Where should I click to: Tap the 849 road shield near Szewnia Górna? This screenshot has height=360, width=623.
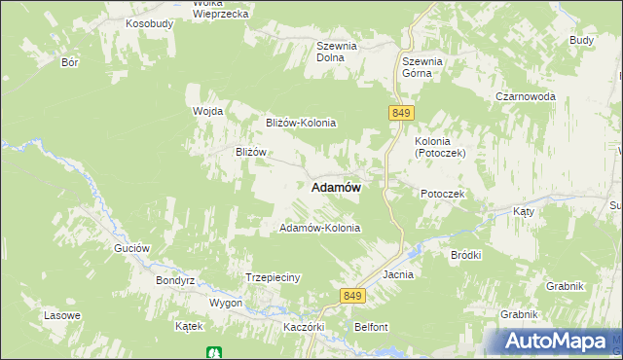[x=401, y=114]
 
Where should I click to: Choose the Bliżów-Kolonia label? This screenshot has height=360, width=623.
[x=301, y=123]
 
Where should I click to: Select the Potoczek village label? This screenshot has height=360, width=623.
[x=444, y=195]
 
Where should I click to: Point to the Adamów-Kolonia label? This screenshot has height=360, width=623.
[x=320, y=229]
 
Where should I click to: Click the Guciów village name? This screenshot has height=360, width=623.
[x=131, y=248]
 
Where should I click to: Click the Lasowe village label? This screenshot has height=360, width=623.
[x=62, y=316]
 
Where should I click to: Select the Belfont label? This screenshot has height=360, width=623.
[x=372, y=327]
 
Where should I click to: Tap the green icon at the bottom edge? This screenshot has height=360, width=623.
[x=212, y=352]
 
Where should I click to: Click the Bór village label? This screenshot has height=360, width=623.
[x=69, y=61]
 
